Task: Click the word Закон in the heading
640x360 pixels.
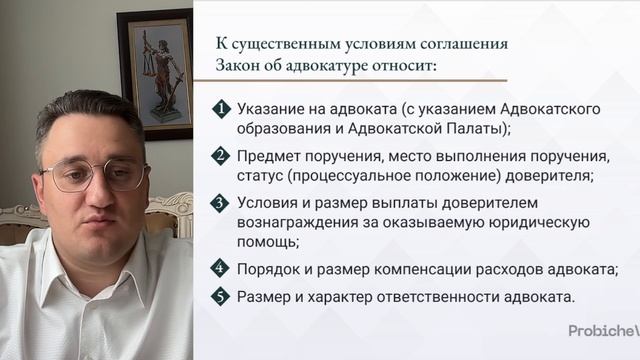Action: click(241, 67)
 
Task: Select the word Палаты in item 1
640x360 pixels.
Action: click(476, 128)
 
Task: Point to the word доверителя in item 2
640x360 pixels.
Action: click(548, 175)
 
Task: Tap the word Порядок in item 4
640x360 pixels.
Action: click(269, 268)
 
